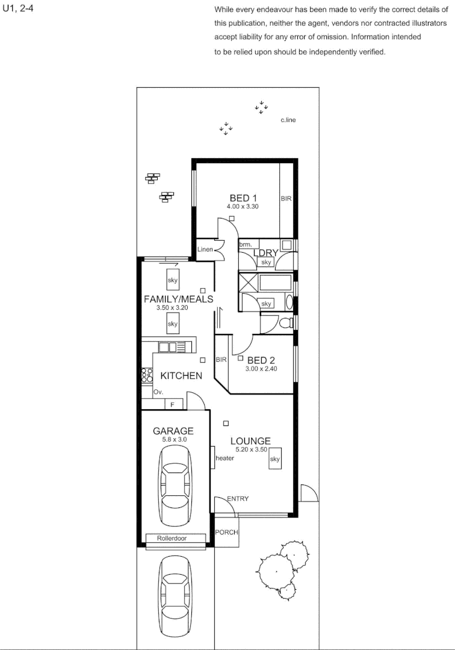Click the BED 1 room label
click(x=243, y=198)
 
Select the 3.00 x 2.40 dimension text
click(x=261, y=369)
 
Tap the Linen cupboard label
click(x=205, y=249)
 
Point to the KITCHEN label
click(x=181, y=376)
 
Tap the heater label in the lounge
click(x=224, y=459)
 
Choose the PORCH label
click(x=226, y=532)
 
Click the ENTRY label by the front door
click(x=237, y=498)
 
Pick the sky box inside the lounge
click(x=276, y=459)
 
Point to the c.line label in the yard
click(x=288, y=120)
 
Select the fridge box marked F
click(x=173, y=405)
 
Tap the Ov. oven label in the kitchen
click(x=159, y=391)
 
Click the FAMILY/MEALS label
click(x=178, y=299)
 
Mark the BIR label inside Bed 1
click(x=286, y=198)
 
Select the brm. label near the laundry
click(x=245, y=244)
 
